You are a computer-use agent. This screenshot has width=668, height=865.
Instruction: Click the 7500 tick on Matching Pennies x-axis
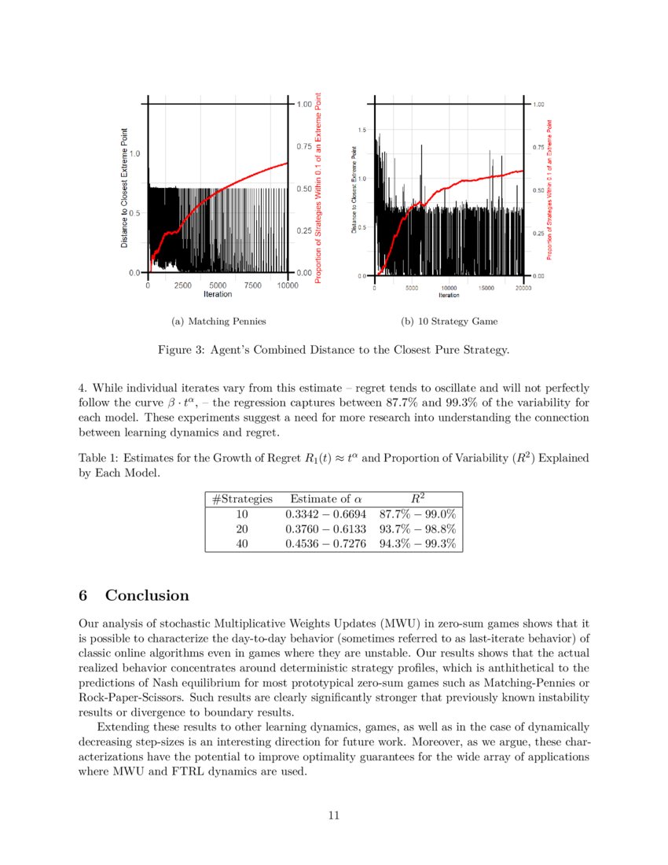pos(253,285)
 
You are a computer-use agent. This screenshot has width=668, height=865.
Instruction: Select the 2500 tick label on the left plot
pos(182,285)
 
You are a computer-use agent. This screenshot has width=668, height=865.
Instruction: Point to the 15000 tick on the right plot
pos(486,289)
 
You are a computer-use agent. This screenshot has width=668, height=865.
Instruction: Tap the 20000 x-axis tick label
pos(523,289)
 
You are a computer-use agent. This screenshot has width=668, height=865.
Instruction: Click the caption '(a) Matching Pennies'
pos(218,321)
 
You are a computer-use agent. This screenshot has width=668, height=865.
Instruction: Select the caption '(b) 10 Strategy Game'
pos(449,321)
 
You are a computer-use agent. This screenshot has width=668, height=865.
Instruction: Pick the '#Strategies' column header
pos(242,499)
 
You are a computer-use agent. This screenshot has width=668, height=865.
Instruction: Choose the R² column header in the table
pos(417,499)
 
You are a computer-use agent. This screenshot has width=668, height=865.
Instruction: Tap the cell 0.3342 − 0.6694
pos(326,514)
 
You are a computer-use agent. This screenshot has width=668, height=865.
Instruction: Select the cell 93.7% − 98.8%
pos(417,529)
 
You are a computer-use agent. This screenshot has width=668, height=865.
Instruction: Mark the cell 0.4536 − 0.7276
pos(326,544)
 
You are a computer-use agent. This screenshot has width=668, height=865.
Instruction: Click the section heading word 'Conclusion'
pos(147,595)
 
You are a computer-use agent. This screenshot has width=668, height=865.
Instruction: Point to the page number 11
pos(334,815)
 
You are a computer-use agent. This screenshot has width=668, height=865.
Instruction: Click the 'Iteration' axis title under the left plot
pos(218,295)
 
